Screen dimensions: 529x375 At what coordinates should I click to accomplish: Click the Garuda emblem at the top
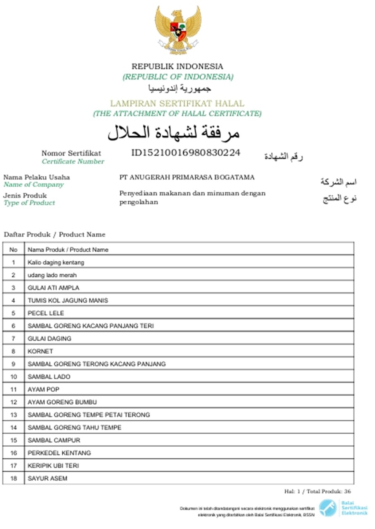pyautogui.click(x=178, y=29)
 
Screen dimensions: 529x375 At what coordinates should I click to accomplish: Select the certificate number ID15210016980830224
pyautogui.click(x=186, y=153)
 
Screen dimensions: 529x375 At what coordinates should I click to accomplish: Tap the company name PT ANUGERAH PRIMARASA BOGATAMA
pyautogui.click(x=187, y=177)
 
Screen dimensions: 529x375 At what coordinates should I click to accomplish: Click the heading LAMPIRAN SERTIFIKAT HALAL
pyautogui.click(x=177, y=103)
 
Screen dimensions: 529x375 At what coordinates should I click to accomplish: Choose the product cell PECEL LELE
pyautogui.click(x=46, y=313)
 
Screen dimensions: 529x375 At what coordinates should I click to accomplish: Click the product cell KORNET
pyautogui.click(x=40, y=351)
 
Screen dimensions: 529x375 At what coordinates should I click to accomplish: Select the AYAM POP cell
pyautogui.click(x=43, y=390)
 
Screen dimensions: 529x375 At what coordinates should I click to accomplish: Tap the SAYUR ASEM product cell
pyautogui.click(x=48, y=478)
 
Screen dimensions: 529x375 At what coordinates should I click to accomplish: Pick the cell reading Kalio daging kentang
pyautogui.click(x=56, y=262)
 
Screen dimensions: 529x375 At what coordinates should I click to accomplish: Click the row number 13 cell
pyautogui.click(x=13, y=415)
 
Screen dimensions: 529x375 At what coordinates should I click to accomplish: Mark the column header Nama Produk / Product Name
pyautogui.click(x=68, y=250)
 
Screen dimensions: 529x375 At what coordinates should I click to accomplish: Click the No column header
pyautogui.click(x=13, y=250)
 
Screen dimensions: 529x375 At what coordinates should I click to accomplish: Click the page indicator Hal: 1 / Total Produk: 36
pyautogui.click(x=317, y=492)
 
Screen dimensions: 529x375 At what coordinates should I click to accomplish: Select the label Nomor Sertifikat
pyautogui.click(x=71, y=153)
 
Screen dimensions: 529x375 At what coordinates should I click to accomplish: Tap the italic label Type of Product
pyautogui.click(x=29, y=203)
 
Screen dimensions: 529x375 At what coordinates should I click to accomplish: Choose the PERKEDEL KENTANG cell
pyautogui.click(x=59, y=453)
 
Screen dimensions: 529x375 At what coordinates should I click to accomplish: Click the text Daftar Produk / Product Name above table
pyautogui.click(x=55, y=234)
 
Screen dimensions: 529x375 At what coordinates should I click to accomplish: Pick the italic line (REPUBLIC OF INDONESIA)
pyautogui.click(x=178, y=77)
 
